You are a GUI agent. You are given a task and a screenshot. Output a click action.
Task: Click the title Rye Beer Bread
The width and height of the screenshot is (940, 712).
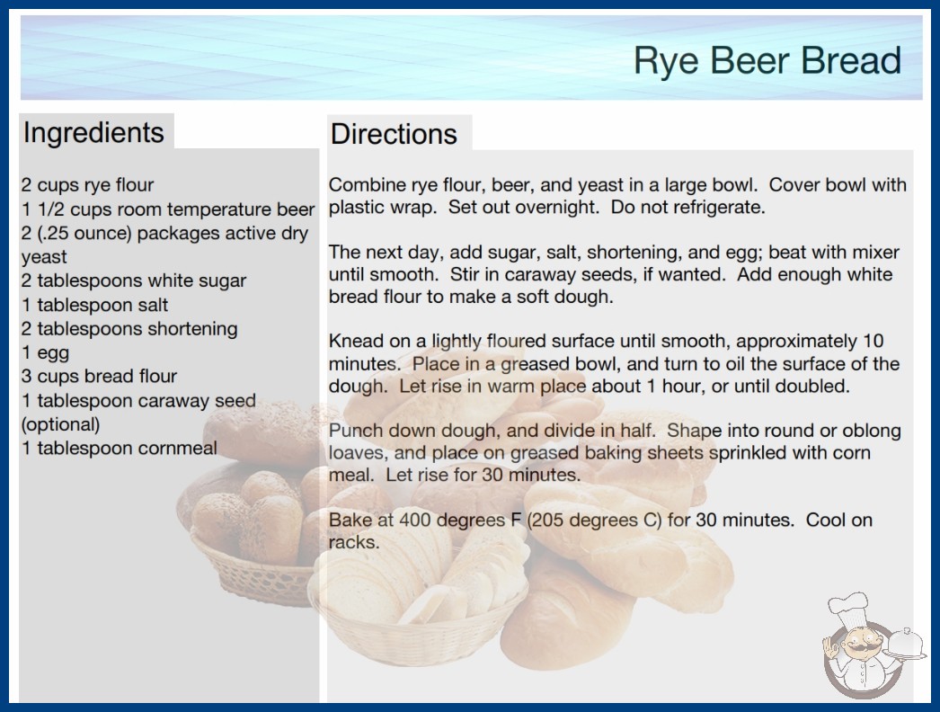(767, 60)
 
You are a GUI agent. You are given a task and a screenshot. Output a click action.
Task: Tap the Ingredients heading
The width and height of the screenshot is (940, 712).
(93, 133)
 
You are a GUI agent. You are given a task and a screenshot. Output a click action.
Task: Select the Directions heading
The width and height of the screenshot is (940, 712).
(394, 134)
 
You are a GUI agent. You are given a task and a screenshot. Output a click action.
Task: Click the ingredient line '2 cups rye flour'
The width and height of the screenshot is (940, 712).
(87, 185)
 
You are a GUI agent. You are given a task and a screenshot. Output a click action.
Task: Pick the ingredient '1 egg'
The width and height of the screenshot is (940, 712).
(46, 352)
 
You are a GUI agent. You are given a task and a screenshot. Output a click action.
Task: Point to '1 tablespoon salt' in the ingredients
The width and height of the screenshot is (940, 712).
(94, 305)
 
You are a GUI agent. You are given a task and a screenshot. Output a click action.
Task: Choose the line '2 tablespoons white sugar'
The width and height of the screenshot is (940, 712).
(134, 280)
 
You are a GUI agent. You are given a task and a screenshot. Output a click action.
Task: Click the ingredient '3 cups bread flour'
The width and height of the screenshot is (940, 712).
(99, 376)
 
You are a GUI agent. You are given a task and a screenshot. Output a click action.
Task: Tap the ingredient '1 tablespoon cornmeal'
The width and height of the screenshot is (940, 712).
(120, 448)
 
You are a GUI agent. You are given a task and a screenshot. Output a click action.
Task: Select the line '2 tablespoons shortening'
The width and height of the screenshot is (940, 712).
(129, 329)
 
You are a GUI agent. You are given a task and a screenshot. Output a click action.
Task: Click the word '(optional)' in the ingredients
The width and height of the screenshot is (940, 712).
(60, 424)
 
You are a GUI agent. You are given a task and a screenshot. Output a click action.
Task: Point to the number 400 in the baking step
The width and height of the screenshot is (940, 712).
(415, 520)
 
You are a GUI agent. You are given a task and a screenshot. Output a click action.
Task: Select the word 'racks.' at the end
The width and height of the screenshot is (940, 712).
(354, 543)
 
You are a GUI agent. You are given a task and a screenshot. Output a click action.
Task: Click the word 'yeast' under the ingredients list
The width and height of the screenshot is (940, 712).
(44, 257)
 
